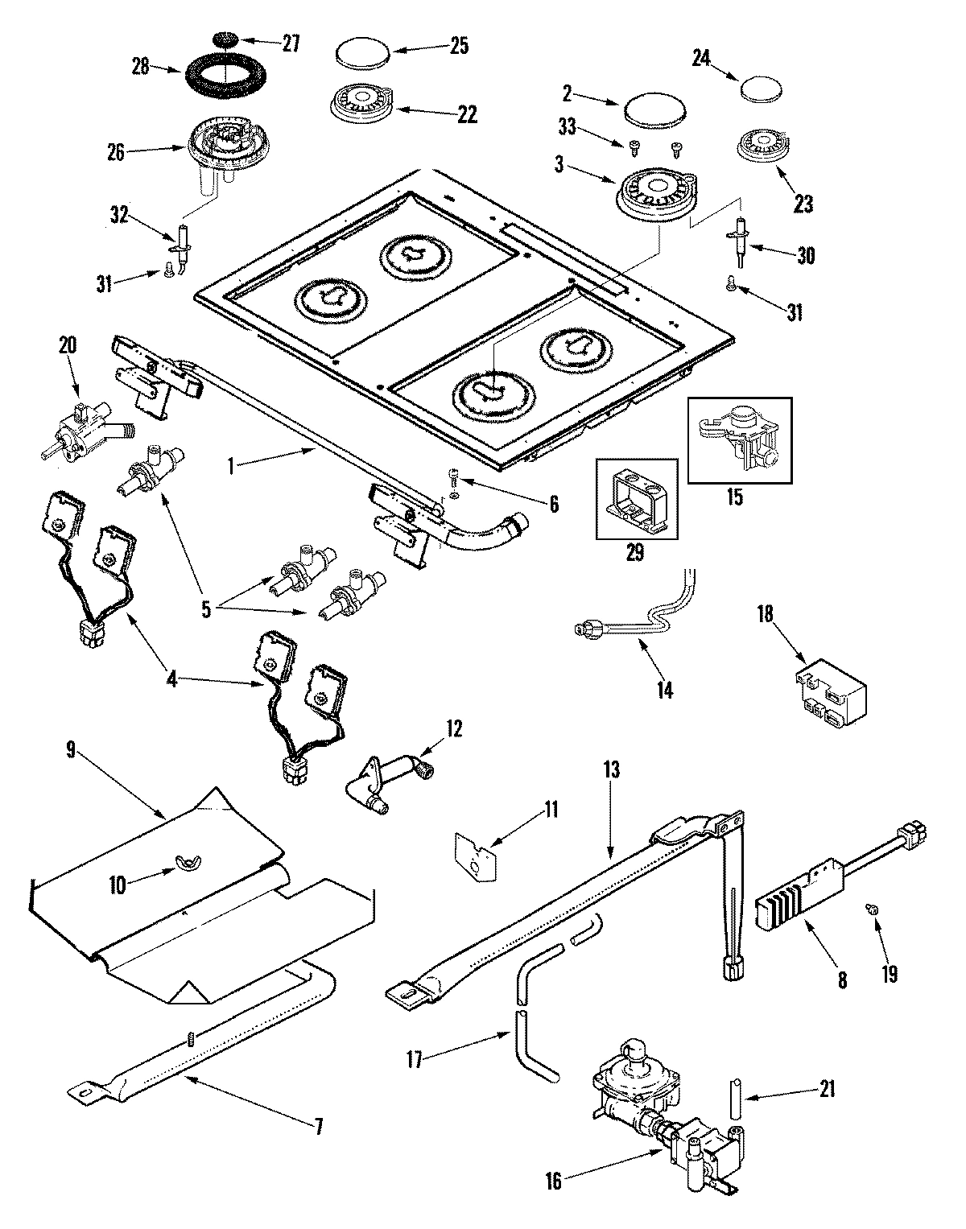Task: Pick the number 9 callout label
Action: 70,752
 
